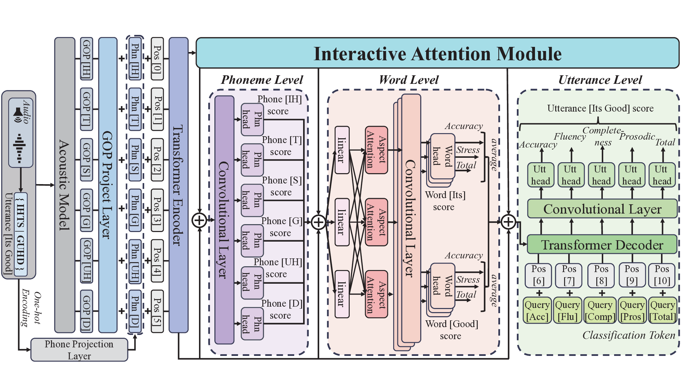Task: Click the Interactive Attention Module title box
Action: tap(437, 53)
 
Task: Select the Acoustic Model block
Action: tap(64, 185)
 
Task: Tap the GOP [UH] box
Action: tap(87, 260)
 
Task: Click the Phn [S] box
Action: tap(135, 159)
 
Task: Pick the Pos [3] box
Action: tap(157, 210)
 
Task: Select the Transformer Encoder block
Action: tap(178, 185)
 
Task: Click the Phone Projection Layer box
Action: tap(79, 349)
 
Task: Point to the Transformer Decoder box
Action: tap(602, 244)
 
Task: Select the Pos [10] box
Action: tap(662, 275)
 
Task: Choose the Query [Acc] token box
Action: tap(537, 310)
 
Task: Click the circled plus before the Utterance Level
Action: tap(508, 222)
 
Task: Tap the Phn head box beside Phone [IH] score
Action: tap(252, 119)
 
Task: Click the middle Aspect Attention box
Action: tap(376, 222)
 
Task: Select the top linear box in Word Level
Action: tap(342, 150)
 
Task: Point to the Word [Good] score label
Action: tap(451, 330)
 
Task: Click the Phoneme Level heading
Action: tap(262, 80)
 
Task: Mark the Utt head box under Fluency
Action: tap(571, 175)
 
